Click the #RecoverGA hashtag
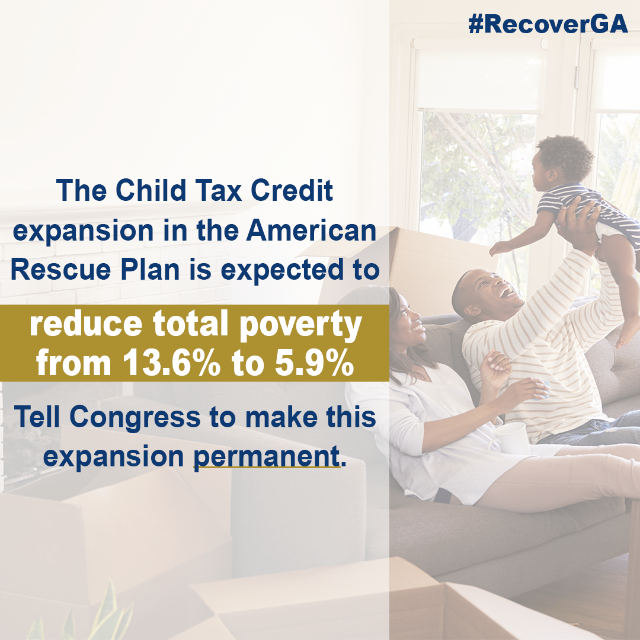(x=548, y=24)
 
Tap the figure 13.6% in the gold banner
(x=171, y=363)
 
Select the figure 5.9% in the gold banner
(x=314, y=363)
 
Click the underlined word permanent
(x=267, y=457)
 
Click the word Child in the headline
(x=151, y=190)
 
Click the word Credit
(x=292, y=190)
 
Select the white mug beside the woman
(x=511, y=439)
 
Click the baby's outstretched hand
(x=501, y=248)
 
